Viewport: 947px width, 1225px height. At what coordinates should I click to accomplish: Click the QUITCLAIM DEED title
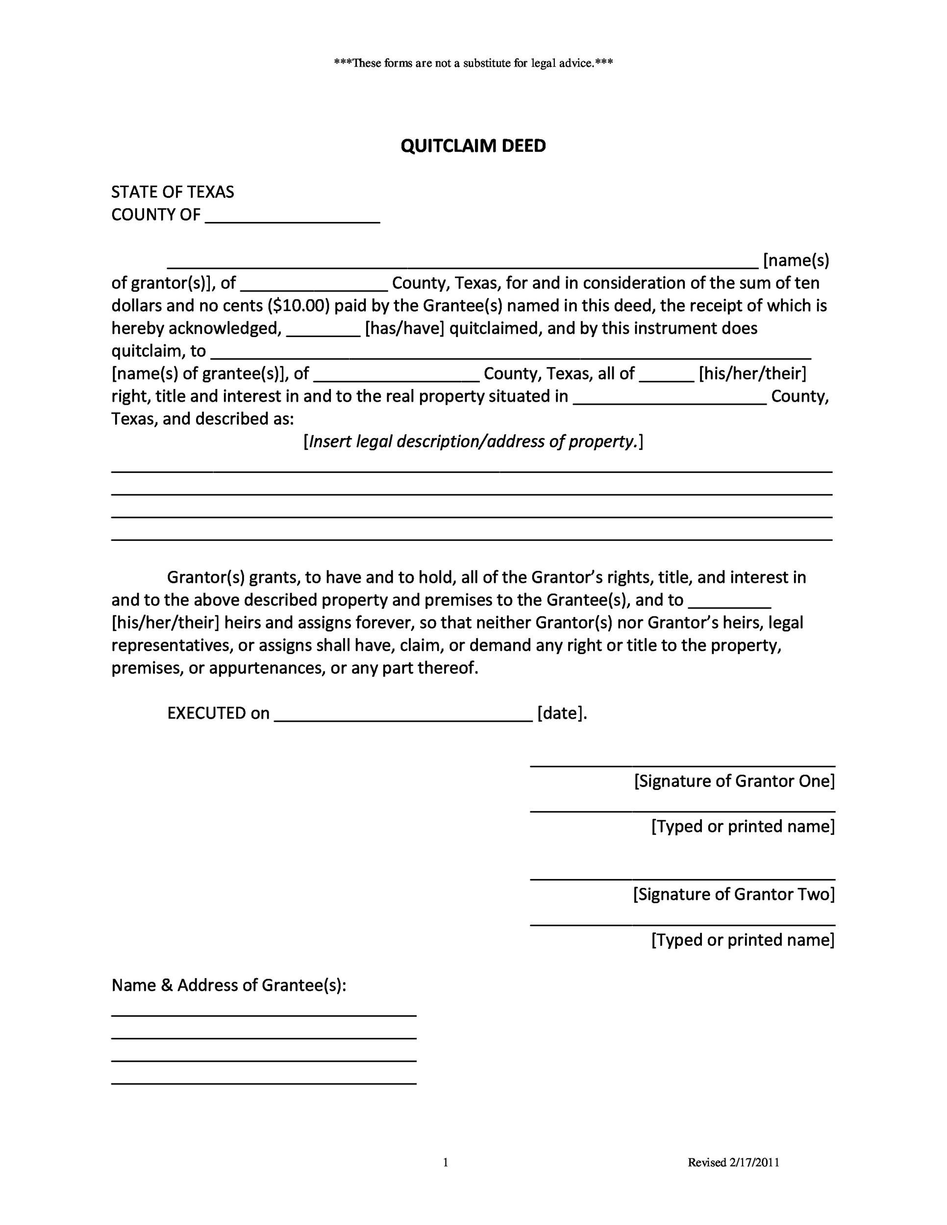pyautogui.click(x=473, y=146)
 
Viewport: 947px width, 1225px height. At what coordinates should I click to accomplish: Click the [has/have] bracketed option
pyautogui.click(x=404, y=329)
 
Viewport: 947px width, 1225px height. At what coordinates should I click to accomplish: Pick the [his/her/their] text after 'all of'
pyautogui.click(x=752, y=373)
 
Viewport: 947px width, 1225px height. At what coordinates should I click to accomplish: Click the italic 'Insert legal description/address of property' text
pyautogui.click(x=473, y=442)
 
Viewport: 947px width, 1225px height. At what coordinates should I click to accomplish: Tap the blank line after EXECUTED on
pyautogui.click(x=403, y=716)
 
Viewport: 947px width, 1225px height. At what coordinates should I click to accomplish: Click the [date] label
pyautogui.click(x=562, y=713)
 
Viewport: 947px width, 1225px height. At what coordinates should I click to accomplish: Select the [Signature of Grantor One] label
pyautogui.click(x=734, y=782)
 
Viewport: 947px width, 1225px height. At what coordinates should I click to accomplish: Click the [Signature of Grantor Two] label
pyautogui.click(x=734, y=894)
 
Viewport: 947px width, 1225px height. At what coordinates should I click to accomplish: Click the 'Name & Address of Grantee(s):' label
pyautogui.click(x=229, y=985)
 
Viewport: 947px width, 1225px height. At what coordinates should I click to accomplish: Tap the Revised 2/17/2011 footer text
pyautogui.click(x=733, y=1162)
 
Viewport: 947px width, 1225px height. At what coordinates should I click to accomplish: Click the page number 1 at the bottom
pyautogui.click(x=446, y=1162)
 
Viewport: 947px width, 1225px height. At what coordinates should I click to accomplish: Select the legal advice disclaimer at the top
pyautogui.click(x=473, y=63)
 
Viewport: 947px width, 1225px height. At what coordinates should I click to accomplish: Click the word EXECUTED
pyautogui.click(x=207, y=713)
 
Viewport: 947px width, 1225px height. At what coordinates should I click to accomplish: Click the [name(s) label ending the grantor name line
pyautogui.click(x=796, y=261)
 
